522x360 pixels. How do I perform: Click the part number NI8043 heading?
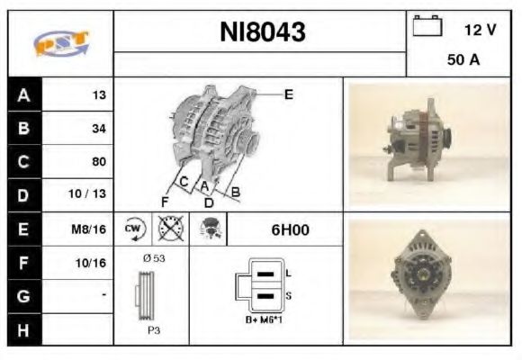pyautogui.click(x=262, y=33)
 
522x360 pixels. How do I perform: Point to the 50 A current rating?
pyautogui.click(x=462, y=61)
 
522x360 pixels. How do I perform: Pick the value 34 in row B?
pyautogui.click(x=98, y=129)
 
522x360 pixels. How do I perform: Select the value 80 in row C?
pyautogui.click(x=98, y=162)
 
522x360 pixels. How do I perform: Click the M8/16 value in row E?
pyautogui.click(x=91, y=229)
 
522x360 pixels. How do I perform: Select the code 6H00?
pyautogui.click(x=290, y=229)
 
